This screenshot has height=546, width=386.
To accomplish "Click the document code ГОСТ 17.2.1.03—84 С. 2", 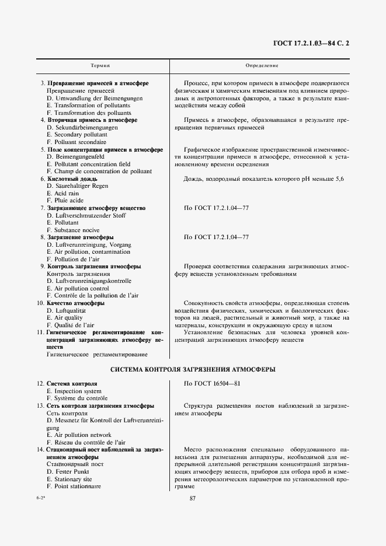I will click(315, 43).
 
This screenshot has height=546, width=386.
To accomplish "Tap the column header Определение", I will click(262, 66).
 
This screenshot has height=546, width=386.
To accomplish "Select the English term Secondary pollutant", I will click(80, 135).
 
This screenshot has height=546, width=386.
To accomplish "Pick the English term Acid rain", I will click(66, 193).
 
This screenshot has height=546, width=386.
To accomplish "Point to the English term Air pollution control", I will click(81, 288).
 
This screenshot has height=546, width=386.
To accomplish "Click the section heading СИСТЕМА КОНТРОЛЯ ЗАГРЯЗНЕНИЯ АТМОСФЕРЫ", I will click(193, 370).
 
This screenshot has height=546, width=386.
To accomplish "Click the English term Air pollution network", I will click(82, 435).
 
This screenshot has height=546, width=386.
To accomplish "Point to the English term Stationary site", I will click(74, 478).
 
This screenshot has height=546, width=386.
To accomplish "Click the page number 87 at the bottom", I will click(193, 498).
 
